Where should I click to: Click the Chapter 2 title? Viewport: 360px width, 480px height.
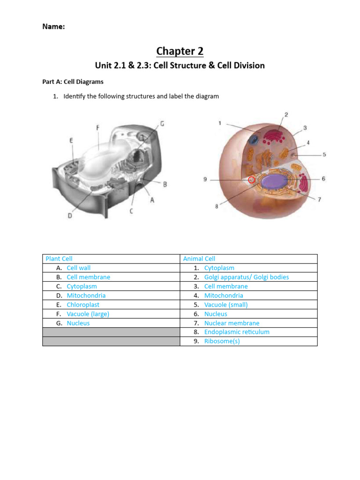click(x=180, y=51)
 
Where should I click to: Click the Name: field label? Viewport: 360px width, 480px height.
click(x=53, y=27)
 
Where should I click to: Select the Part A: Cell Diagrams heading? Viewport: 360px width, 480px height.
click(x=73, y=82)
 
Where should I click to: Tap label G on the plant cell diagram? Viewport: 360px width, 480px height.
click(x=162, y=124)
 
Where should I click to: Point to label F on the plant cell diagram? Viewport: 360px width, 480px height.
click(x=97, y=127)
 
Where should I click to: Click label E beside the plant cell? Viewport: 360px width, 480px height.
click(x=71, y=140)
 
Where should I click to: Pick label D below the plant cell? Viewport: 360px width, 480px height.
click(x=70, y=216)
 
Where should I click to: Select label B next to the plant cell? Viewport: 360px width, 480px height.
click(x=165, y=185)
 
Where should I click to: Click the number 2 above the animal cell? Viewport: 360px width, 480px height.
click(x=286, y=114)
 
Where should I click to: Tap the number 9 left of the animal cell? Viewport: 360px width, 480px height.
click(x=205, y=179)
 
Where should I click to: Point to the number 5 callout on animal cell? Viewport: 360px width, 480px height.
click(x=324, y=154)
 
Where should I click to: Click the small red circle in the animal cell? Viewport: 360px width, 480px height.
click(x=252, y=180)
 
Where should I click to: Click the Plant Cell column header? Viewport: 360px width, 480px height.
click(x=59, y=259)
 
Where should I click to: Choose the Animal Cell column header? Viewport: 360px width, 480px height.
click(x=199, y=259)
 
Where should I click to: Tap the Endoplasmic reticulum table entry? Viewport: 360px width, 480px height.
click(x=237, y=332)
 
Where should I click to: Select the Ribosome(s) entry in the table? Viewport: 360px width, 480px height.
click(x=222, y=341)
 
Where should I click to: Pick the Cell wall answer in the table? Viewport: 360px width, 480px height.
click(x=79, y=268)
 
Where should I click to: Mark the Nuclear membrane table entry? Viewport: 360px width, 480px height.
click(x=232, y=323)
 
